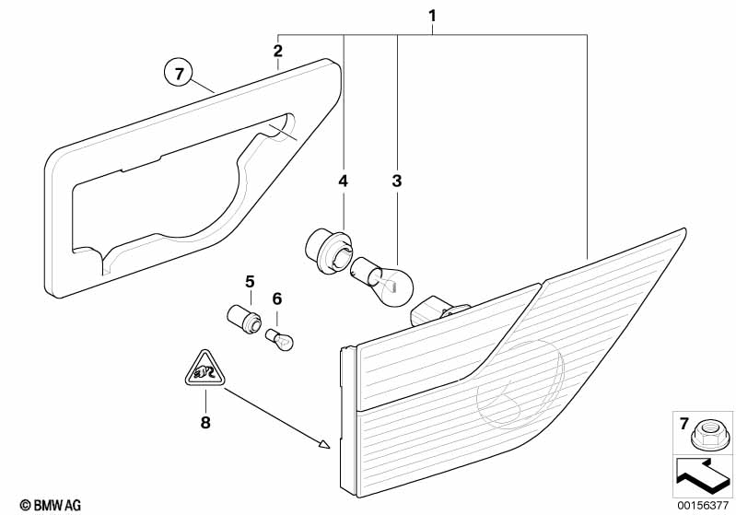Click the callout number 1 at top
pos(433,16)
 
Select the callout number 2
pos(278,50)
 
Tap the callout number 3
pos(397,181)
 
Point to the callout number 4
pos(343,181)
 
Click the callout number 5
pos(248,280)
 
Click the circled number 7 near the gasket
pos(180,71)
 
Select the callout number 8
pos(205,423)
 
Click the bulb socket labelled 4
pos(324,250)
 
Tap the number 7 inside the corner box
pos(683,424)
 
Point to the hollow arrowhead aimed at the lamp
pos(322,443)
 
